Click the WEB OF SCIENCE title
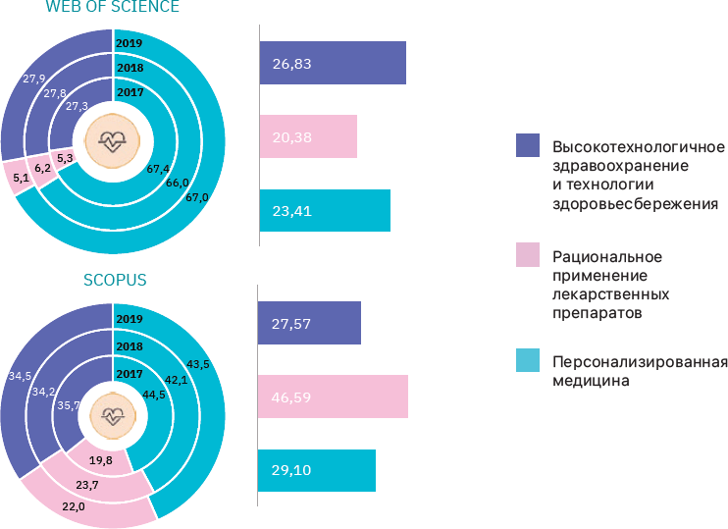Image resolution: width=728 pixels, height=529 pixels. pos(113,9)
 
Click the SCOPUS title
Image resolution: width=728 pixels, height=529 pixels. pos(114,280)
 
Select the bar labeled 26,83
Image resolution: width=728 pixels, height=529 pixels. pos(333,63)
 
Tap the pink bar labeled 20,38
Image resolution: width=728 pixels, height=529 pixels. pos(308,136)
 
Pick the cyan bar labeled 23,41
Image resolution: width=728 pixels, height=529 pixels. pos(325,210)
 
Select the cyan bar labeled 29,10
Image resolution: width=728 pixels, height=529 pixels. pos(317,470)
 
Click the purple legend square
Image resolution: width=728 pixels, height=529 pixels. pos(527,146)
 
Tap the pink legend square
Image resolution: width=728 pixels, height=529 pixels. pos(527,256)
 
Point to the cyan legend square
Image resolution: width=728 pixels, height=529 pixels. pos(527,362)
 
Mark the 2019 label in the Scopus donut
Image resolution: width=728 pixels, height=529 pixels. pos(129,318)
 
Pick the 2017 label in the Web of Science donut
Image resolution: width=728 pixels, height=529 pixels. pos(130,92)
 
